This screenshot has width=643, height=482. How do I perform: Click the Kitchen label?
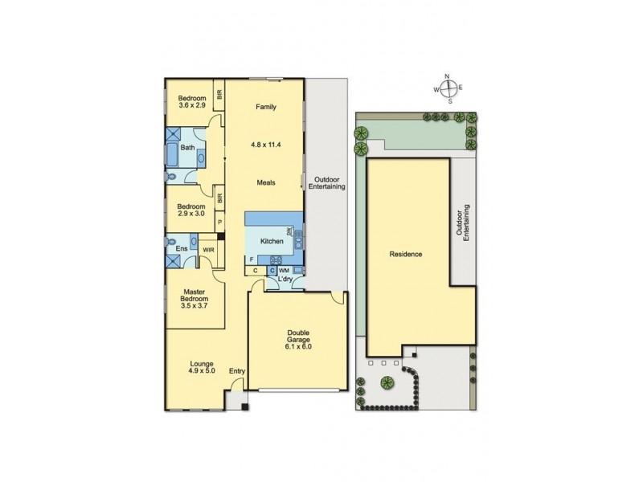pos(272,240)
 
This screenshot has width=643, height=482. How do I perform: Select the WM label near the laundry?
pos(285,271)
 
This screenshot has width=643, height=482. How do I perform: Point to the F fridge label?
pos(252,259)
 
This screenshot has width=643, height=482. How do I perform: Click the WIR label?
pos(208,250)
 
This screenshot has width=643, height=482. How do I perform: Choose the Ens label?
pos(182,250)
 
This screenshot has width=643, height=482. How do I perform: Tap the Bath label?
pos(186,148)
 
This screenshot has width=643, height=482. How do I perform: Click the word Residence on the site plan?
pos(407,254)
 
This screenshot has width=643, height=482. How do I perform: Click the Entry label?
pos(236,370)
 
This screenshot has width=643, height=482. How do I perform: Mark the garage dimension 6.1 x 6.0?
pos(297,346)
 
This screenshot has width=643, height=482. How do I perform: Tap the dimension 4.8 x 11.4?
pos(266,145)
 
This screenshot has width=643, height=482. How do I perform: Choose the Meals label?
pos(266,182)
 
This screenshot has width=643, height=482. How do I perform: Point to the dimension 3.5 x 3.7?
pos(195,306)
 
